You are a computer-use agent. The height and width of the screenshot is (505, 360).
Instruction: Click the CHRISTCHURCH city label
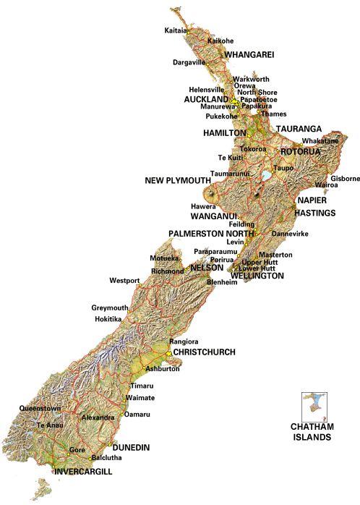205,352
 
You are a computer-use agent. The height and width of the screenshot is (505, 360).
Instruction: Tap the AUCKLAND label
206,99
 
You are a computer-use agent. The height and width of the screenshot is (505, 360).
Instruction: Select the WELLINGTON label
257,276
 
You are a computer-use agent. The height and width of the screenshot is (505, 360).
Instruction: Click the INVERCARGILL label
85,472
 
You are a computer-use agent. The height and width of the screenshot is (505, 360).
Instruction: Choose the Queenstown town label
40,408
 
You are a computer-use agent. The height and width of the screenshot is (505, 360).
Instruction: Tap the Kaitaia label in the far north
176,30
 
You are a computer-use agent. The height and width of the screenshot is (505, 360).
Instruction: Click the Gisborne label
345,178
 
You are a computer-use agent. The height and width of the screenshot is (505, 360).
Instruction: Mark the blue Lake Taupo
267,175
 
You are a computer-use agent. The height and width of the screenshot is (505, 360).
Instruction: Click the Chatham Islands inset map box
315,407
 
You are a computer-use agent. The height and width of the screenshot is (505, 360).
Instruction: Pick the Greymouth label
110,307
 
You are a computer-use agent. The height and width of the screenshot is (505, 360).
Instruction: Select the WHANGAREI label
249,55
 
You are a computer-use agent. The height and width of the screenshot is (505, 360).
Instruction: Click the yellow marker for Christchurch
168,353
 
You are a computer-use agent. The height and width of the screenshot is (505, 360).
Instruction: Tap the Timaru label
141,386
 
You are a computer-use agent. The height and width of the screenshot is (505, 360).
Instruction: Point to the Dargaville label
189,62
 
